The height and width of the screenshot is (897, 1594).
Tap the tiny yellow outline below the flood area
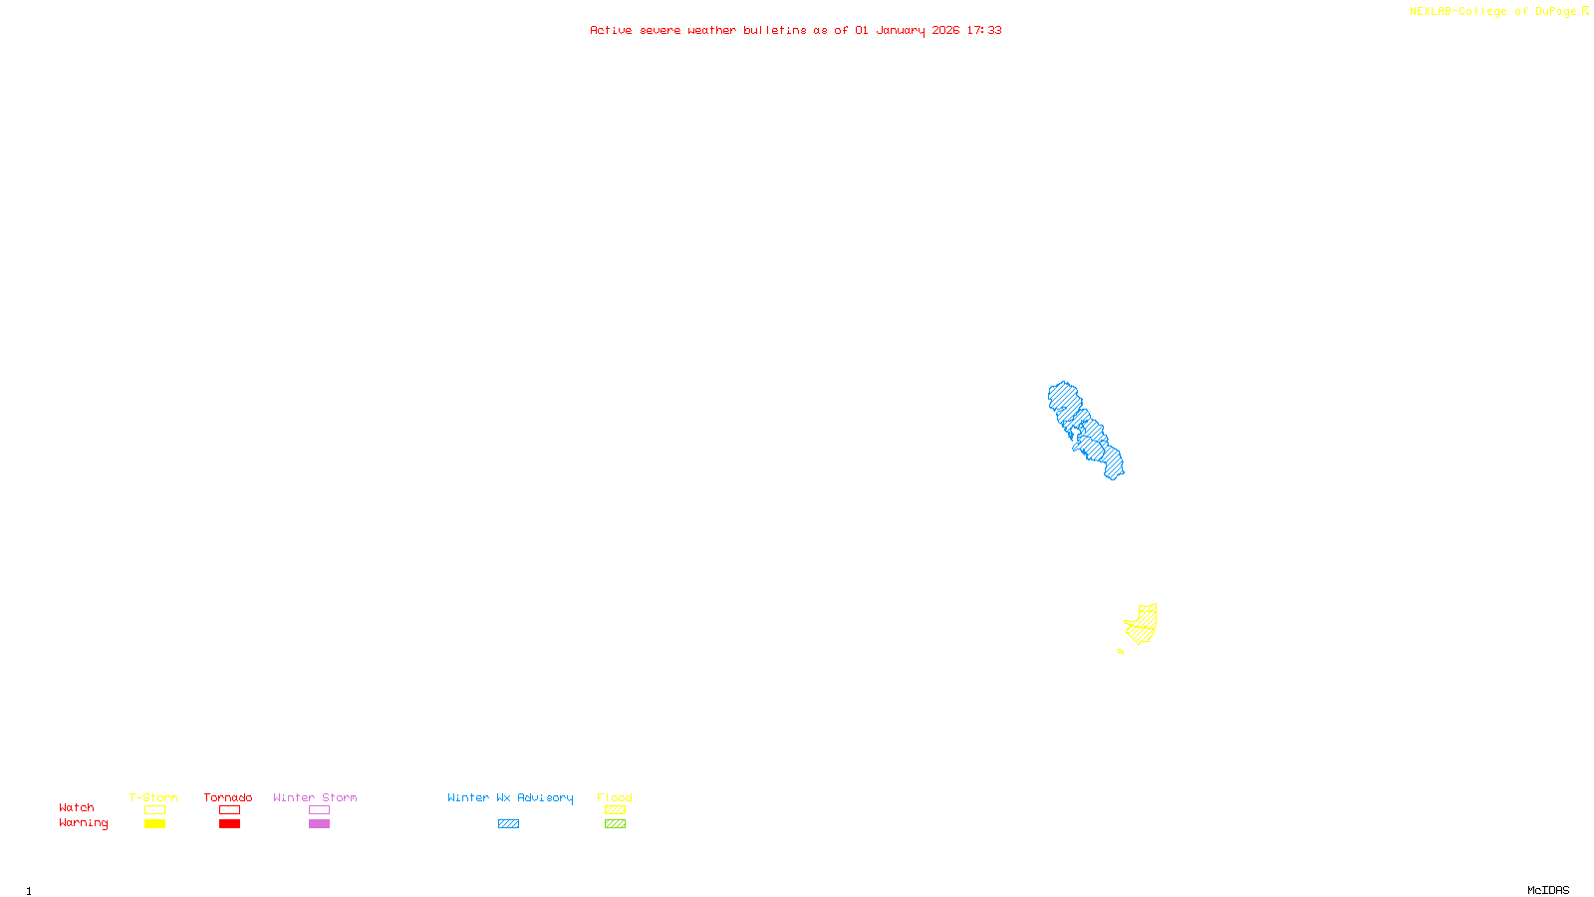1121,651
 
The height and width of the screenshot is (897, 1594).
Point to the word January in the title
901,30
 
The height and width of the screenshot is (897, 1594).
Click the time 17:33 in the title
984,30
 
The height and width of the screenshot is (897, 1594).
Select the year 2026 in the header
946,30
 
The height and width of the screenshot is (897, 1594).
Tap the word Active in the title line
611,30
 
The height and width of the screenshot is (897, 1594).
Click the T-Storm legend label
153,797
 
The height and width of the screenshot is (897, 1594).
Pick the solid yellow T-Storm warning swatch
154,824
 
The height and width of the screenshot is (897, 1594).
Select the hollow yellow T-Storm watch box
154,810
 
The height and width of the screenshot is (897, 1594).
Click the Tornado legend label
228,797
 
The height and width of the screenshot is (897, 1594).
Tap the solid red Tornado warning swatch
229,824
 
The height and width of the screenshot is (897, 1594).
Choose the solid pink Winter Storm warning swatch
319,824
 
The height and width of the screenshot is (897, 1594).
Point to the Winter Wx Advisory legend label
510,797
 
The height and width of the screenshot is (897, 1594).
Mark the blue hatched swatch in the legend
508,824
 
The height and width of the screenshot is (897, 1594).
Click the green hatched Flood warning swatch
615,824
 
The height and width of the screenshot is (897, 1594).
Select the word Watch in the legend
77,807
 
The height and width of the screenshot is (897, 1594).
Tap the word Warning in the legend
84,823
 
